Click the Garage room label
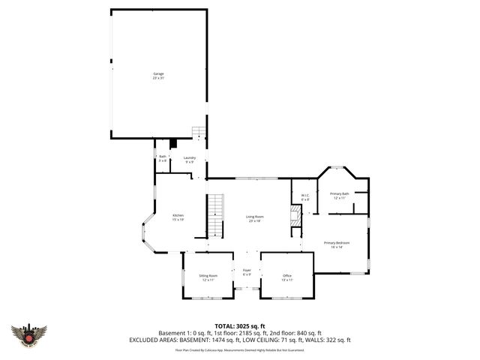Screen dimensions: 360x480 tap(158, 75)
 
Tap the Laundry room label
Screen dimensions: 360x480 tap(190, 159)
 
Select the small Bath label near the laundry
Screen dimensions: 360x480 tap(162, 159)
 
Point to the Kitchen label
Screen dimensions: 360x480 tap(178, 217)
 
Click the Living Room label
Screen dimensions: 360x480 tap(254, 218)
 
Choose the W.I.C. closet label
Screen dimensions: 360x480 tap(305, 197)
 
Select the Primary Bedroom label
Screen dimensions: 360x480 tap(337, 244)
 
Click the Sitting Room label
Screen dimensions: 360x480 tap(208, 277)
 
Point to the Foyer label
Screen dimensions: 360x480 tap(247, 272)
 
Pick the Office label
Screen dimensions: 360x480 tap(286, 277)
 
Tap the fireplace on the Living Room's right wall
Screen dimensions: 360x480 tap(295, 218)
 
